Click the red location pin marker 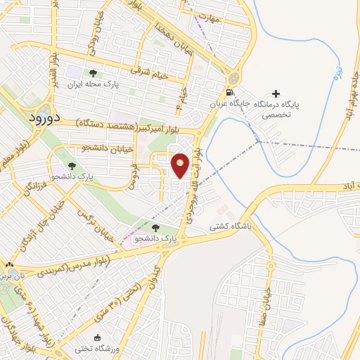coord(181,165)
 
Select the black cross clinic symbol coord(275,94)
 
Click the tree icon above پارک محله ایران coord(92,73)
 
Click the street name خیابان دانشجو coord(85,148)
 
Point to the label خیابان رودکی coord(92,49)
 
